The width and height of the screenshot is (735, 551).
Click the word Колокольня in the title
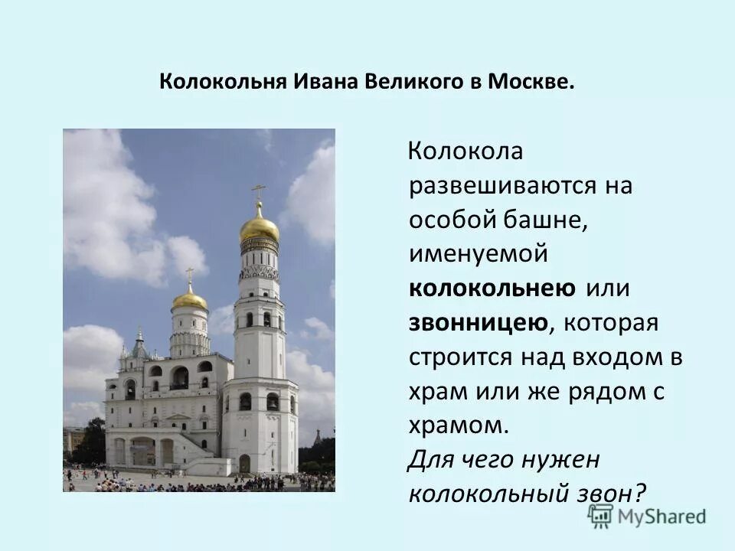coord(221,82)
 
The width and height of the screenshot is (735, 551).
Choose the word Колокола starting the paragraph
coord(465,152)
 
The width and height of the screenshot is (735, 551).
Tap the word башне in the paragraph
coord(550,220)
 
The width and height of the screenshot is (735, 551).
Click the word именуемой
coord(479,254)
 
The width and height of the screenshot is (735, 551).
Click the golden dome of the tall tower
coord(260,227)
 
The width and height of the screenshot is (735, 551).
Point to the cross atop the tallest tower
coord(259,191)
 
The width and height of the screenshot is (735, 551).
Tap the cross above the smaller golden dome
coord(189,274)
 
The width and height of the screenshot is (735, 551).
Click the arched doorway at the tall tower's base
coord(244,464)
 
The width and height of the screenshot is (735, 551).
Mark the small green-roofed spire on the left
coord(139,346)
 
